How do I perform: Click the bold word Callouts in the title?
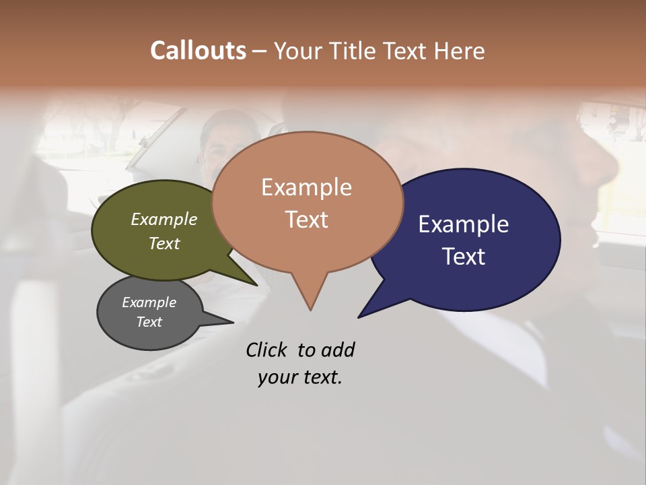coord(198,51)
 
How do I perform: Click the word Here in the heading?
coord(460,51)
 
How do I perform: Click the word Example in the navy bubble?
coord(464,224)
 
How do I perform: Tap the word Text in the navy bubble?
coord(464,257)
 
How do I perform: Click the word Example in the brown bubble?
coord(306,187)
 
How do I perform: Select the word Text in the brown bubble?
coord(306,220)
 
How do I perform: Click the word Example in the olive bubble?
coord(164,219)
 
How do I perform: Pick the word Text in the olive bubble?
coord(164,243)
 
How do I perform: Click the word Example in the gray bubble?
coord(149,302)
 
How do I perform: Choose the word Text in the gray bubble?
coord(149,322)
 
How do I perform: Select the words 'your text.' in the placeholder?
coord(300,377)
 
